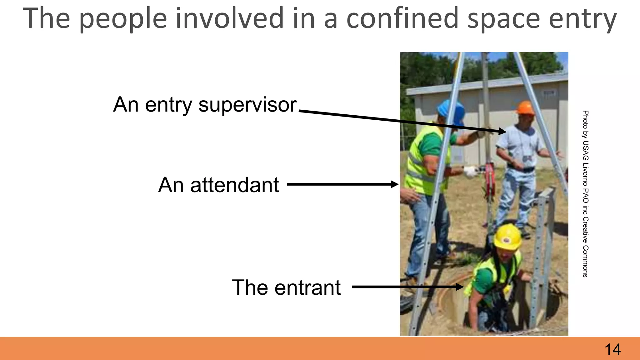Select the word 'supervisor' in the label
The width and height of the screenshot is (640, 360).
(x=247, y=105)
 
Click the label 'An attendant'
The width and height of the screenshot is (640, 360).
(x=218, y=185)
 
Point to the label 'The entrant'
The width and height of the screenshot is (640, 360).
(x=286, y=287)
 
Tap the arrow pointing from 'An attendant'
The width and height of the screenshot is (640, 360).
(x=342, y=184)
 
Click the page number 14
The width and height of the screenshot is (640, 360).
(x=612, y=349)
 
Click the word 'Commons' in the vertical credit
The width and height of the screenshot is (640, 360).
(x=585, y=261)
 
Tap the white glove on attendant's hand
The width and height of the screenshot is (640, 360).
(x=470, y=171)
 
